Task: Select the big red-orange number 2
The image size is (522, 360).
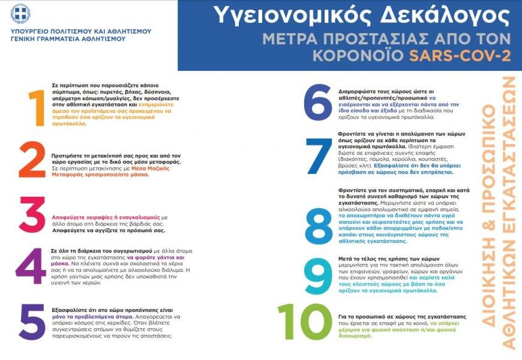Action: (x=32, y=160)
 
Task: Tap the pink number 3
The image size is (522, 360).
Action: (x=32, y=215)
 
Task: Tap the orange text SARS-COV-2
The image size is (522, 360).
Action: (x=460, y=56)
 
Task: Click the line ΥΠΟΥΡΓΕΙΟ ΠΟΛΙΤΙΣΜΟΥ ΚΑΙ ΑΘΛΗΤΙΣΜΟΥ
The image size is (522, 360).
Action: (x=81, y=31)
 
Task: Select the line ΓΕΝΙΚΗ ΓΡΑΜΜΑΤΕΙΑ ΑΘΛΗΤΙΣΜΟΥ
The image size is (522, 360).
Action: (x=68, y=38)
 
